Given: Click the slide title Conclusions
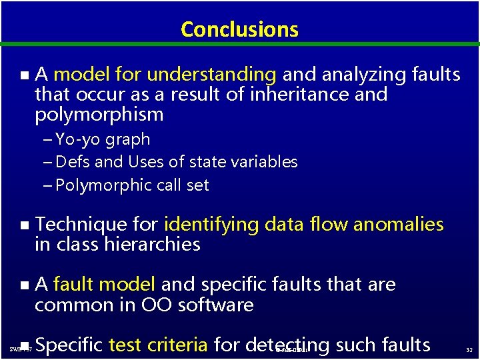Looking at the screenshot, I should [239, 29].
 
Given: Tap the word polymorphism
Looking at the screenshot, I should [99, 115].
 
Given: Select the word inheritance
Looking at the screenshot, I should [299, 94].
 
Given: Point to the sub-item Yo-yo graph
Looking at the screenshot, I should [103, 139].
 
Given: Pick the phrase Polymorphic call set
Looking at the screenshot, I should [132, 185].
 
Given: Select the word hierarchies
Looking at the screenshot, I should [153, 245].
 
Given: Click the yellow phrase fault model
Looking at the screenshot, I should [104, 285].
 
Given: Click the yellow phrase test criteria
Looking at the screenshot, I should [158, 345].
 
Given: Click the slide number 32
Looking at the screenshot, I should [469, 349].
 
